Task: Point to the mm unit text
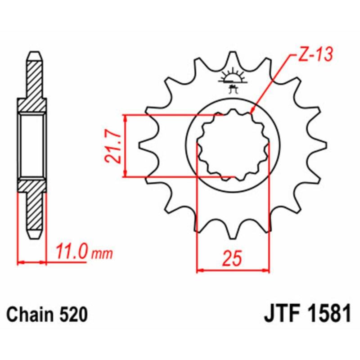(103, 253)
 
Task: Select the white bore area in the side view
(32, 145)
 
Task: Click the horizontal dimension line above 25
(233, 271)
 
